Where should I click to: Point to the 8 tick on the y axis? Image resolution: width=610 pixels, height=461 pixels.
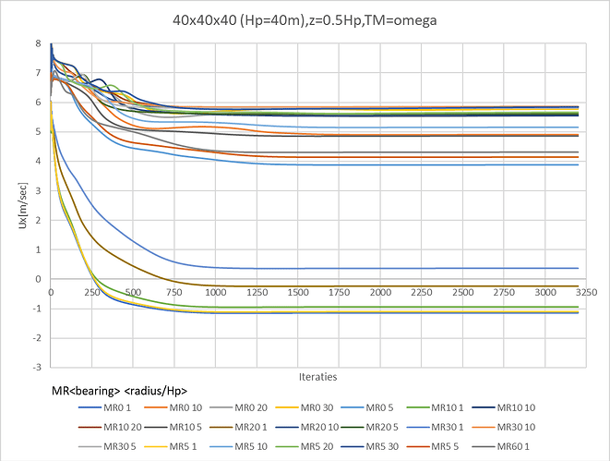[x=37, y=43]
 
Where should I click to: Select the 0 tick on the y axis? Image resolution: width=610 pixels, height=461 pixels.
[x=37, y=279]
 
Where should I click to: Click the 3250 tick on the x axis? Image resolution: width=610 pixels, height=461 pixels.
[x=591, y=292]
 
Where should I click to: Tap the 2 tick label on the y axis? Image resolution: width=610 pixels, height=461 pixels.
[x=37, y=220]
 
